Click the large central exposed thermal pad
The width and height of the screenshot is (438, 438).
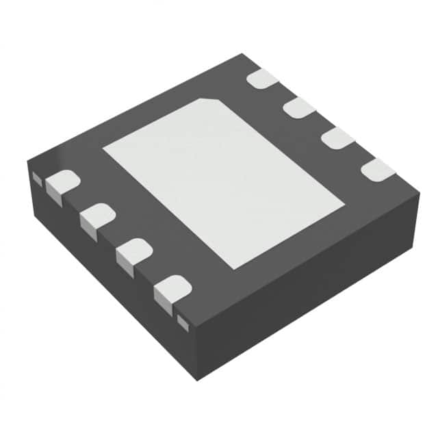(222, 181)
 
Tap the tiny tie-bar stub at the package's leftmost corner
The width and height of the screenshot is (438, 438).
(36, 177)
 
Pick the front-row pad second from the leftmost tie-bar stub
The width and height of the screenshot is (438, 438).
(96, 216)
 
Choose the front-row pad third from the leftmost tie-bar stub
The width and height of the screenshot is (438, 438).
(133, 252)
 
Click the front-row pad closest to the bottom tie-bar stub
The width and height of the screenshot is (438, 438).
(170, 289)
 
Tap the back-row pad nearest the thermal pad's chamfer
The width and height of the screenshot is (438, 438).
(261, 78)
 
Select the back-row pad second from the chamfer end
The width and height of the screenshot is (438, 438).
(298, 107)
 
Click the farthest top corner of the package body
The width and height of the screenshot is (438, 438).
(244, 54)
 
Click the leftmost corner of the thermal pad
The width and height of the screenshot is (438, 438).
(103, 148)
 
